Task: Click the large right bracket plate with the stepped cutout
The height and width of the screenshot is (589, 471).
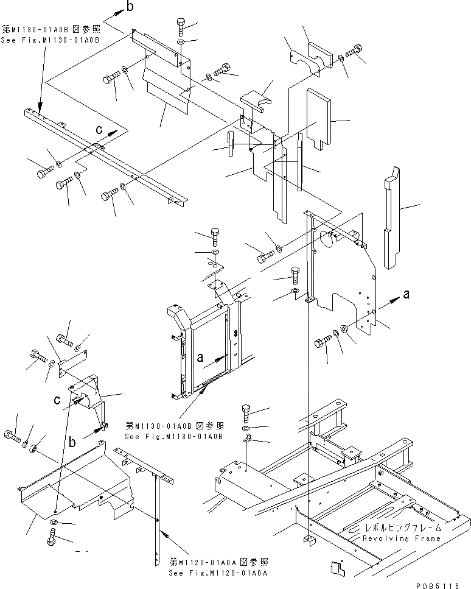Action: [x=347, y=274]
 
